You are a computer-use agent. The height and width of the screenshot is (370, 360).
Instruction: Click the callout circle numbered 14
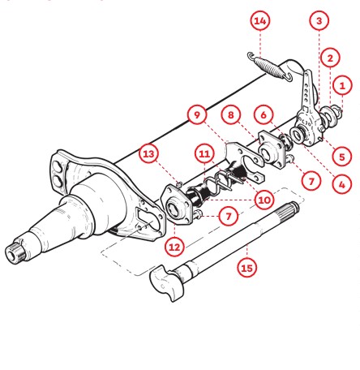(x=260, y=21)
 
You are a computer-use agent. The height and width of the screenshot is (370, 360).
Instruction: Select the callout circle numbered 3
(x=319, y=20)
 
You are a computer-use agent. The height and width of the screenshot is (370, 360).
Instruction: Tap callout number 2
(x=330, y=58)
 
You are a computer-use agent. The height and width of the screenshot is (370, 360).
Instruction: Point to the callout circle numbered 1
(x=342, y=86)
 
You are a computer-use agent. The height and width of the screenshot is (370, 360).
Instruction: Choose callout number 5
(x=342, y=157)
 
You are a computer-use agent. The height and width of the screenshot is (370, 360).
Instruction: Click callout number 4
(x=342, y=185)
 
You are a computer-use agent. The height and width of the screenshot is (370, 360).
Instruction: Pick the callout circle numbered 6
(x=264, y=115)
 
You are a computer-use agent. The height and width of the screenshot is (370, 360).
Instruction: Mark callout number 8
(x=230, y=115)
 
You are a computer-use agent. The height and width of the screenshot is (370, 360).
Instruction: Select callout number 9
(x=197, y=115)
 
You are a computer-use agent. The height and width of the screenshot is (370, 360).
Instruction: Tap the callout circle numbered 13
(x=148, y=154)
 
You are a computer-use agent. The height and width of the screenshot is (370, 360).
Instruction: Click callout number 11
(x=204, y=154)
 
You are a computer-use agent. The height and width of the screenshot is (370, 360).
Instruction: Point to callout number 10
(x=264, y=200)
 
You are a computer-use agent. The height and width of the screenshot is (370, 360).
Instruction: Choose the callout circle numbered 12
(x=174, y=247)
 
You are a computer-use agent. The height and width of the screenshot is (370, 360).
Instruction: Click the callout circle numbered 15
(x=246, y=269)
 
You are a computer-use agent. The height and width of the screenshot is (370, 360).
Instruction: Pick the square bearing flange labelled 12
(x=177, y=204)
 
